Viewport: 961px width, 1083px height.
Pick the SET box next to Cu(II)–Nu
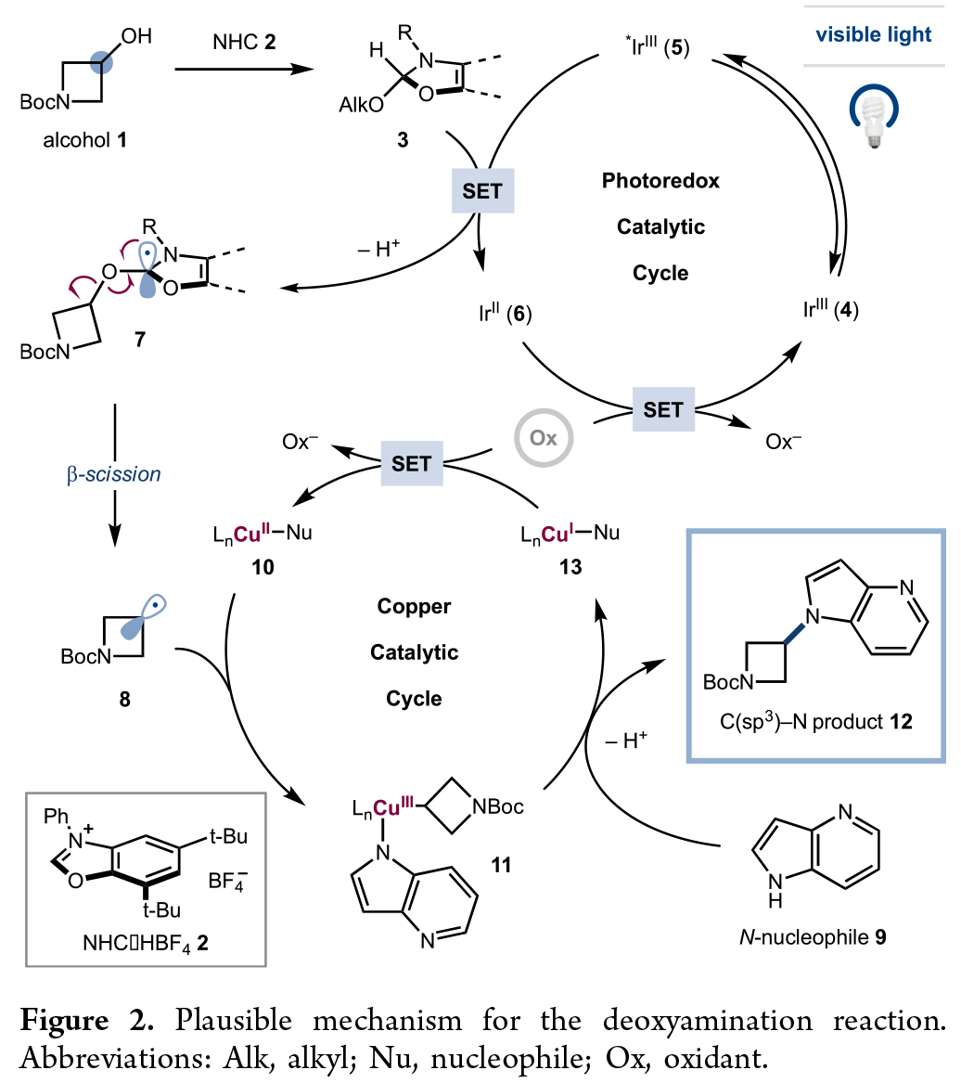pyautogui.click(x=411, y=462)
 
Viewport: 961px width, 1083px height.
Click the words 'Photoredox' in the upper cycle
pyautogui.click(x=660, y=182)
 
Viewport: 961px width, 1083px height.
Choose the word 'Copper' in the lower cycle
pyautogui.click(x=414, y=607)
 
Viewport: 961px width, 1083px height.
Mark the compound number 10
pyautogui.click(x=263, y=566)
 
